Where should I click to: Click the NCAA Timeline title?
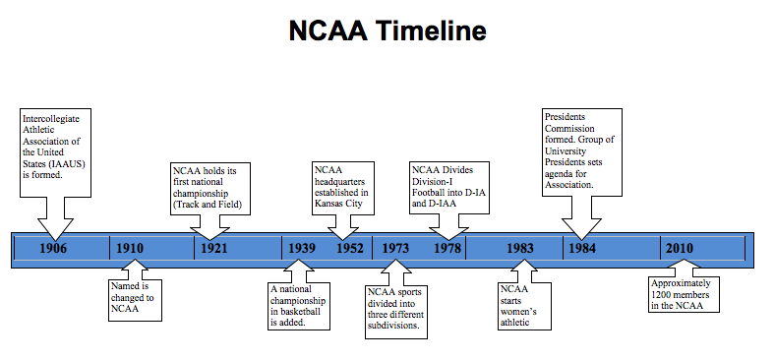(x=387, y=30)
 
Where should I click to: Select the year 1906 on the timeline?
(x=54, y=248)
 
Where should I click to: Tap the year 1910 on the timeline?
(x=130, y=248)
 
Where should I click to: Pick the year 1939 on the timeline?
(x=302, y=248)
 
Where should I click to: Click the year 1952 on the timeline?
(x=350, y=248)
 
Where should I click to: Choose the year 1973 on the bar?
(x=395, y=248)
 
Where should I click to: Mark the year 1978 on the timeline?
(x=447, y=248)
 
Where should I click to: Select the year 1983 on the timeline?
(x=520, y=248)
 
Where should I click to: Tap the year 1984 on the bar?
(x=580, y=248)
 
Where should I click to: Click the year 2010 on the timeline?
(x=679, y=248)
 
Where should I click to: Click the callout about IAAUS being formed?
(x=56, y=148)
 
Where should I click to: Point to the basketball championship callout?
(x=300, y=306)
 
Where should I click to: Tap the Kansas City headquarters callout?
(x=341, y=187)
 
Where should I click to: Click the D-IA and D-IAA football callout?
(x=449, y=187)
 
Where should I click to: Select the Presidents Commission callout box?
(x=582, y=150)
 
